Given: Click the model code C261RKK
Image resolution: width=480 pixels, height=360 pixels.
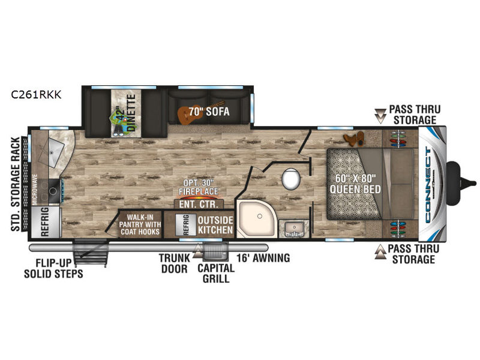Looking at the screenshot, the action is coord(36,95).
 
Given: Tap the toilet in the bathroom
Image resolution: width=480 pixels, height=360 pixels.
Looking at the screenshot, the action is coord(291,179).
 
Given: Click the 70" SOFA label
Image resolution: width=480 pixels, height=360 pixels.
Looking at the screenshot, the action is coord(209,112).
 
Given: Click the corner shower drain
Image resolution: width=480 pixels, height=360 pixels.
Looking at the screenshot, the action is coord(260,216).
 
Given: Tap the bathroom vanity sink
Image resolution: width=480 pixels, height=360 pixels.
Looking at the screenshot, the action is coord(294,229).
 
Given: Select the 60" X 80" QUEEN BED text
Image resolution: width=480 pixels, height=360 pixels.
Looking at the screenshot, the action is coord(355,184).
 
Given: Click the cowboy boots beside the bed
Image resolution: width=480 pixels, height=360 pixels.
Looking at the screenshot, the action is coord(355,139).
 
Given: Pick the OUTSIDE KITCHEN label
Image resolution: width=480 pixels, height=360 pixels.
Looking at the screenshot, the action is coord(215,225).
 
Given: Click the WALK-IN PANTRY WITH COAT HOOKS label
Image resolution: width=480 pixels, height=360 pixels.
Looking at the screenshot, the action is coord(140,224).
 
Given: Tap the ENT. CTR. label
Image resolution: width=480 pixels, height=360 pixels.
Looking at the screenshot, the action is coord(199,204).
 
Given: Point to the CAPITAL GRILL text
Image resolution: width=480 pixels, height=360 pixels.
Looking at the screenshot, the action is coord(216,273).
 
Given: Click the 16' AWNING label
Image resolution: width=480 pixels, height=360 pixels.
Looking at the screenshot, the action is coord(263,258).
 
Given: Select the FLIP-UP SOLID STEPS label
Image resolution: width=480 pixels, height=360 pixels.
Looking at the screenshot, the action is coord(53,268).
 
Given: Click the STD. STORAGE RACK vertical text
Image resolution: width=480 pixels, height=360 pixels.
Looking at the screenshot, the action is coord(16,184).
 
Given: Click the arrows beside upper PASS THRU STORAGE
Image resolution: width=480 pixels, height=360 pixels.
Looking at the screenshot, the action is coord(380,116).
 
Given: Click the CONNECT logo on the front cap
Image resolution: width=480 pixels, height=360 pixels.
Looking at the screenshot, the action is coord(428,185).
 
